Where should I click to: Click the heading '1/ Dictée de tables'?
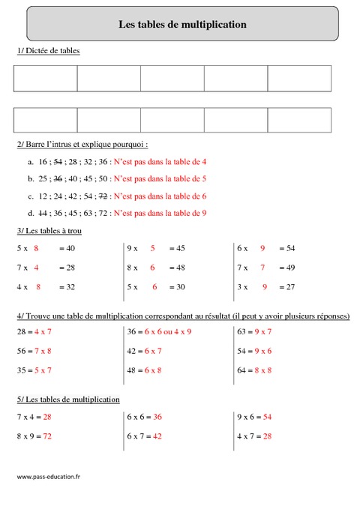coord(48,50)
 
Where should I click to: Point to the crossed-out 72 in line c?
coord(103,196)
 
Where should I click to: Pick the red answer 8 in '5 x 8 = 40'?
coord(36,248)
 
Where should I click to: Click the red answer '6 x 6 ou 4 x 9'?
coord(171,331)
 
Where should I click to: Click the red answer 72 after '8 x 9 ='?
coord(47,436)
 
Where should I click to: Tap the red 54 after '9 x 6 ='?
coord(267,416)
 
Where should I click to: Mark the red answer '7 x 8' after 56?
coord(43,350)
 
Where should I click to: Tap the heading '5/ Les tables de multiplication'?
coord(67,400)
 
